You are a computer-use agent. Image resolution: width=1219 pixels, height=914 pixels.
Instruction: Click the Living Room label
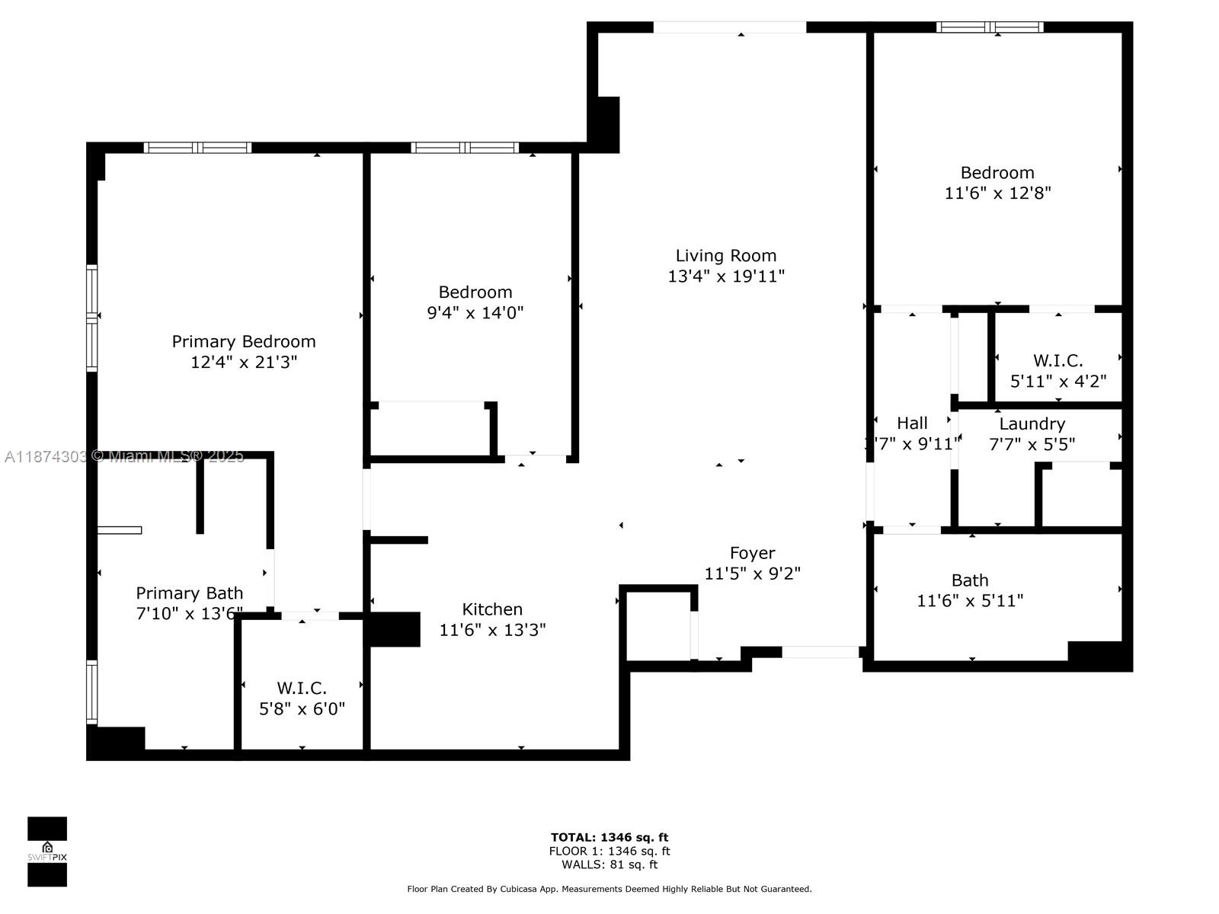click(726, 256)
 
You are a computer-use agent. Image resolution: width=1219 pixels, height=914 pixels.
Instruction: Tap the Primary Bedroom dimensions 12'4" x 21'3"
click(244, 362)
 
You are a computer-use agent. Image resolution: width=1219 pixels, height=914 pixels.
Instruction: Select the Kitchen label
click(492, 609)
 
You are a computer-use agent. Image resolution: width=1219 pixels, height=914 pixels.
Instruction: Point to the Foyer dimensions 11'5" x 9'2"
click(752, 574)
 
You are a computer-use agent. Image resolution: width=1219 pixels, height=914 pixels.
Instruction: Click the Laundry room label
click(1032, 424)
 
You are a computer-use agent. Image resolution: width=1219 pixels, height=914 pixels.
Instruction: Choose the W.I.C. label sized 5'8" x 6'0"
click(302, 689)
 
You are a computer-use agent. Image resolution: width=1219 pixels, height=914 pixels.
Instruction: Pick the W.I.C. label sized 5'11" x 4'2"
click(1057, 360)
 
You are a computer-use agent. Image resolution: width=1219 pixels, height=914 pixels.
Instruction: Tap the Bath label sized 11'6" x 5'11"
click(970, 580)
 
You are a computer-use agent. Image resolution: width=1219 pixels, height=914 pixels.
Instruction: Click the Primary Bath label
click(190, 593)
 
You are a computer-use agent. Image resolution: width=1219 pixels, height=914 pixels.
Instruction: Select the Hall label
click(912, 423)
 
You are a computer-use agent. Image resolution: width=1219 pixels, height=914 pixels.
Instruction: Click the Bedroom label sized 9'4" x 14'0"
click(475, 292)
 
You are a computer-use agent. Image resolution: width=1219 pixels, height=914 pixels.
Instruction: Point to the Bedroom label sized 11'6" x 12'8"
click(997, 173)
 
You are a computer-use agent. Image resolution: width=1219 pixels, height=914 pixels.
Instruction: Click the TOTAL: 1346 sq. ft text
click(609, 838)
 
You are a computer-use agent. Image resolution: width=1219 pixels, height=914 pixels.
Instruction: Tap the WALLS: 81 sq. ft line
click(609, 864)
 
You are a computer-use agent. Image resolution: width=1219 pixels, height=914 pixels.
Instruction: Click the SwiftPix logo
click(47, 852)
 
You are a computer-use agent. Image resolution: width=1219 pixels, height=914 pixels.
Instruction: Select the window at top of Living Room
click(729, 27)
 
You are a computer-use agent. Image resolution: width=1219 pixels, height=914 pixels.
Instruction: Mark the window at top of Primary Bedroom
click(197, 148)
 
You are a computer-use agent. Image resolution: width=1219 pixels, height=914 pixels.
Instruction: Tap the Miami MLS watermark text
click(124, 456)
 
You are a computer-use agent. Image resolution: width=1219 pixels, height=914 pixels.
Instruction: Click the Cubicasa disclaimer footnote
click(609, 889)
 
